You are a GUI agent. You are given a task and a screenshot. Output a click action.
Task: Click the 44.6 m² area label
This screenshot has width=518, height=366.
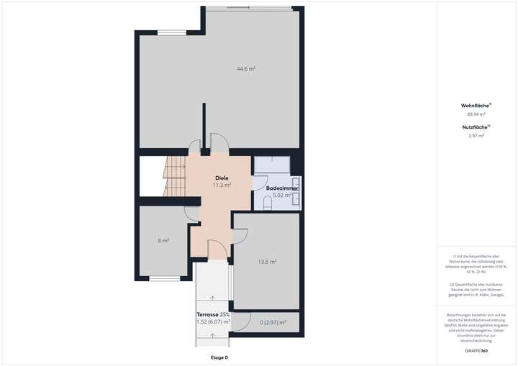click(x=247, y=69)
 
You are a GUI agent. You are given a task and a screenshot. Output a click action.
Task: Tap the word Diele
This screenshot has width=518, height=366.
click(x=222, y=177)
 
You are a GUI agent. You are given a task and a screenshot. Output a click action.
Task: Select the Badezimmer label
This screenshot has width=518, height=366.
click(x=281, y=188)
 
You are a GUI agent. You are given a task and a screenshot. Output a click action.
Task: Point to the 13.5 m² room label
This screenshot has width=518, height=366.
click(x=268, y=262)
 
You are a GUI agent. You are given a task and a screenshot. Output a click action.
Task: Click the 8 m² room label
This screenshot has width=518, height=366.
click(x=163, y=240)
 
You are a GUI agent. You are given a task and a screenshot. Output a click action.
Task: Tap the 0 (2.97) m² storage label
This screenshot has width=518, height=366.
click(x=273, y=322)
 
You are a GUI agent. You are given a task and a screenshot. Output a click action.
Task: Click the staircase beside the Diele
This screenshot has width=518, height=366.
click(x=175, y=178)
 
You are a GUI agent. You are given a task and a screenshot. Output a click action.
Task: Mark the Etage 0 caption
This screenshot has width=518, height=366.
click(x=219, y=357)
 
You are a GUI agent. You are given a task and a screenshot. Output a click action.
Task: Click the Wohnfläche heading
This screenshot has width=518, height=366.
click(x=476, y=105)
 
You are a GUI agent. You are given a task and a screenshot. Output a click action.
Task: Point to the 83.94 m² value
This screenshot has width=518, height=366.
click(x=476, y=114)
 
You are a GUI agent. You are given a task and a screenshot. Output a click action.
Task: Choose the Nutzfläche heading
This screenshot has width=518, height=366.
click(x=476, y=127)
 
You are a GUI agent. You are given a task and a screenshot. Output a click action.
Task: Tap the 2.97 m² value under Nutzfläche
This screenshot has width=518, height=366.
click(x=476, y=135)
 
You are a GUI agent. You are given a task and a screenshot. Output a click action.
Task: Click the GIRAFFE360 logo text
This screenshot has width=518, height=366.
click(x=476, y=350)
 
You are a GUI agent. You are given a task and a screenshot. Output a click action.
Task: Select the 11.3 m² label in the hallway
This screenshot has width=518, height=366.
click(x=222, y=185)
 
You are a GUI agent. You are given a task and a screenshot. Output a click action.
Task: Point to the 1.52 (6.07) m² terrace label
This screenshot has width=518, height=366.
click(x=213, y=322)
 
